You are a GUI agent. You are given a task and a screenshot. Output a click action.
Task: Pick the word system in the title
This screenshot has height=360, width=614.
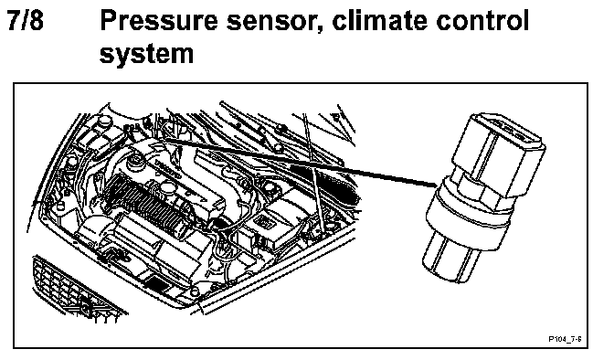pyautogui.click(x=146, y=54)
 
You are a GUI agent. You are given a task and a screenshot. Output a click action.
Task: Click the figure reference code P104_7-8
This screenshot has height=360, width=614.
pyautogui.click(x=565, y=339)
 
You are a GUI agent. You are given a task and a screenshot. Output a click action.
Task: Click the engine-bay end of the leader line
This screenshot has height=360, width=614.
pyautogui.click(x=165, y=139)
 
